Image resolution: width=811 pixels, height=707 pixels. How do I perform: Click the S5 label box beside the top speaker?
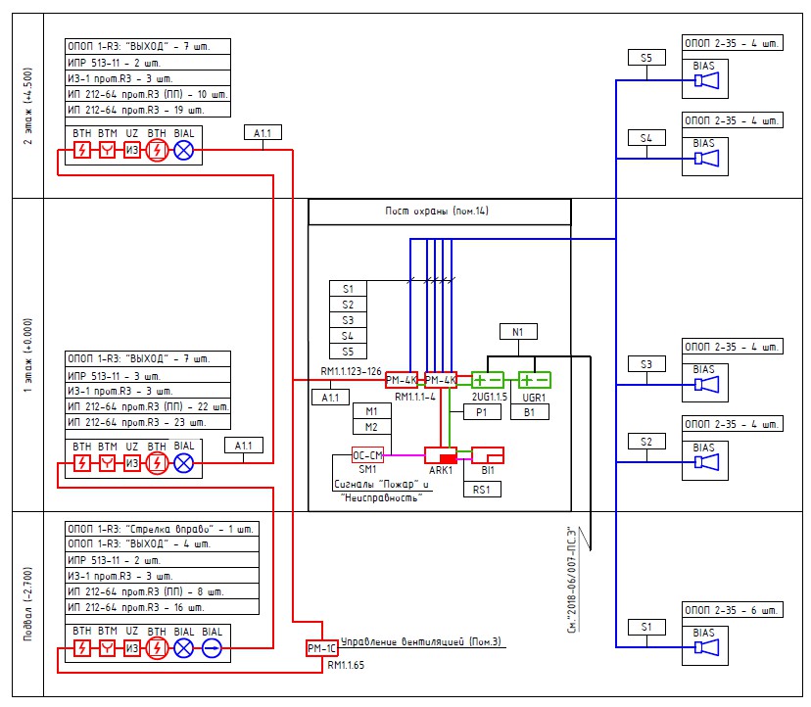[646, 59]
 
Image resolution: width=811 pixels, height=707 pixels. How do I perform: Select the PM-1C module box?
[321, 648]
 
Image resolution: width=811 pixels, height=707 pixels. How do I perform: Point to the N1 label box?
[519, 332]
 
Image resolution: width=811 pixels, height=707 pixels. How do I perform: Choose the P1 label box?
[481, 413]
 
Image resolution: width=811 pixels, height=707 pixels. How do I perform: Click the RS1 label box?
[481, 488]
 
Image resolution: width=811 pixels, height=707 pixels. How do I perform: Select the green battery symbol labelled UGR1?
[535, 380]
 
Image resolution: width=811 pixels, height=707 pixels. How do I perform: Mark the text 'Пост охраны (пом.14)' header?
[439, 212]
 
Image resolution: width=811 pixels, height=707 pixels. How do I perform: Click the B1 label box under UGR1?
[529, 413]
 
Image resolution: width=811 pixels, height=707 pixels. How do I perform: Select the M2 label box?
[371, 427]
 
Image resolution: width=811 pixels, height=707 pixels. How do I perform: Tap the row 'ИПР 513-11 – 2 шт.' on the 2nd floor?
[148, 62]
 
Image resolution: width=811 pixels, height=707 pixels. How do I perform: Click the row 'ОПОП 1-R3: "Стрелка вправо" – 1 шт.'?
[161, 529]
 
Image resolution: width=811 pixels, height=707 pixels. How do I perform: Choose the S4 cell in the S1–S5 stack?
[348, 336]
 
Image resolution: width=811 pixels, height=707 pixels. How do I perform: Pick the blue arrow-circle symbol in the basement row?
[212, 648]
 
